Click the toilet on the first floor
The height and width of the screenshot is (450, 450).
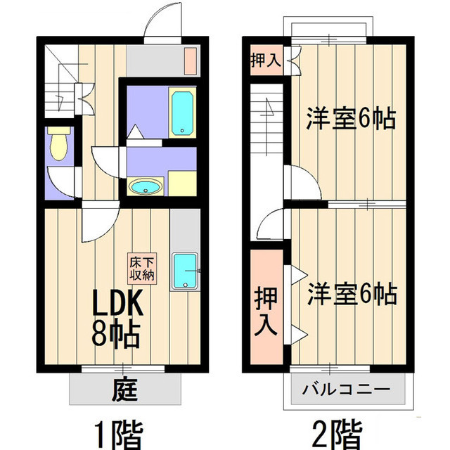pyautogui.click(x=59, y=143)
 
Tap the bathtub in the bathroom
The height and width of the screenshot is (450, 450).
pyautogui.click(x=182, y=112)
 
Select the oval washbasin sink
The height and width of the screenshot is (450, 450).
pyautogui.click(x=146, y=186)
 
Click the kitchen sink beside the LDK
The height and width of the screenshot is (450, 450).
pyautogui.click(x=185, y=271)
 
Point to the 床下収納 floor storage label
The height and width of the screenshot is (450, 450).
pyautogui.click(x=142, y=269)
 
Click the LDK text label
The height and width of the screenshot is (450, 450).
pyautogui.click(x=117, y=303)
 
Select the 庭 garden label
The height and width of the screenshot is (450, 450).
pyautogui.click(x=124, y=390)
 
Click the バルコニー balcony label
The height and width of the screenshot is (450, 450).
pyautogui.click(x=347, y=390)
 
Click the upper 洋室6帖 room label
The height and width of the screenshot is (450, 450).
pyautogui.click(x=352, y=119)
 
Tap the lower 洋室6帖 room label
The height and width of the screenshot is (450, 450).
pyautogui.click(x=352, y=294)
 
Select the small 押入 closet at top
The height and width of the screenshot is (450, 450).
pyautogui.click(x=266, y=60)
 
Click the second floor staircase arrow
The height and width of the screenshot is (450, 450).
pyautogui.click(x=267, y=127)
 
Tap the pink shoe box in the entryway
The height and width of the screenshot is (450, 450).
pyautogui.click(x=191, y=61)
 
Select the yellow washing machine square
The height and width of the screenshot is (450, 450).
pyautogui.click(x=182, y=184)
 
